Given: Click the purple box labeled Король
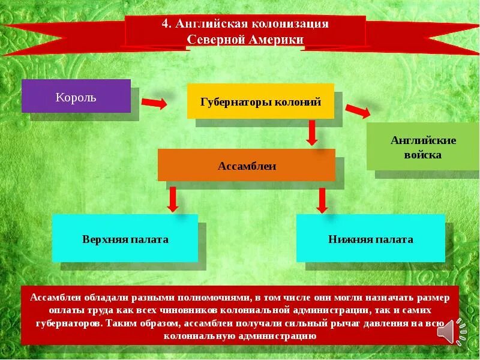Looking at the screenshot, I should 76,96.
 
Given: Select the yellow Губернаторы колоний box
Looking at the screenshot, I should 260,100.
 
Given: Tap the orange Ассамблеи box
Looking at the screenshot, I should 247,165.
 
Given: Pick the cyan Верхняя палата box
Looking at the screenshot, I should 125,238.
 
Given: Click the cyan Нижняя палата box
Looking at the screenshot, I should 371,238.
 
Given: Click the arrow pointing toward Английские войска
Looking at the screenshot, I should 358,111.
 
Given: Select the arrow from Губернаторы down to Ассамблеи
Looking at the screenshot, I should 311,133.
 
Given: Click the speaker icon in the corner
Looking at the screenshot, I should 449,331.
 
